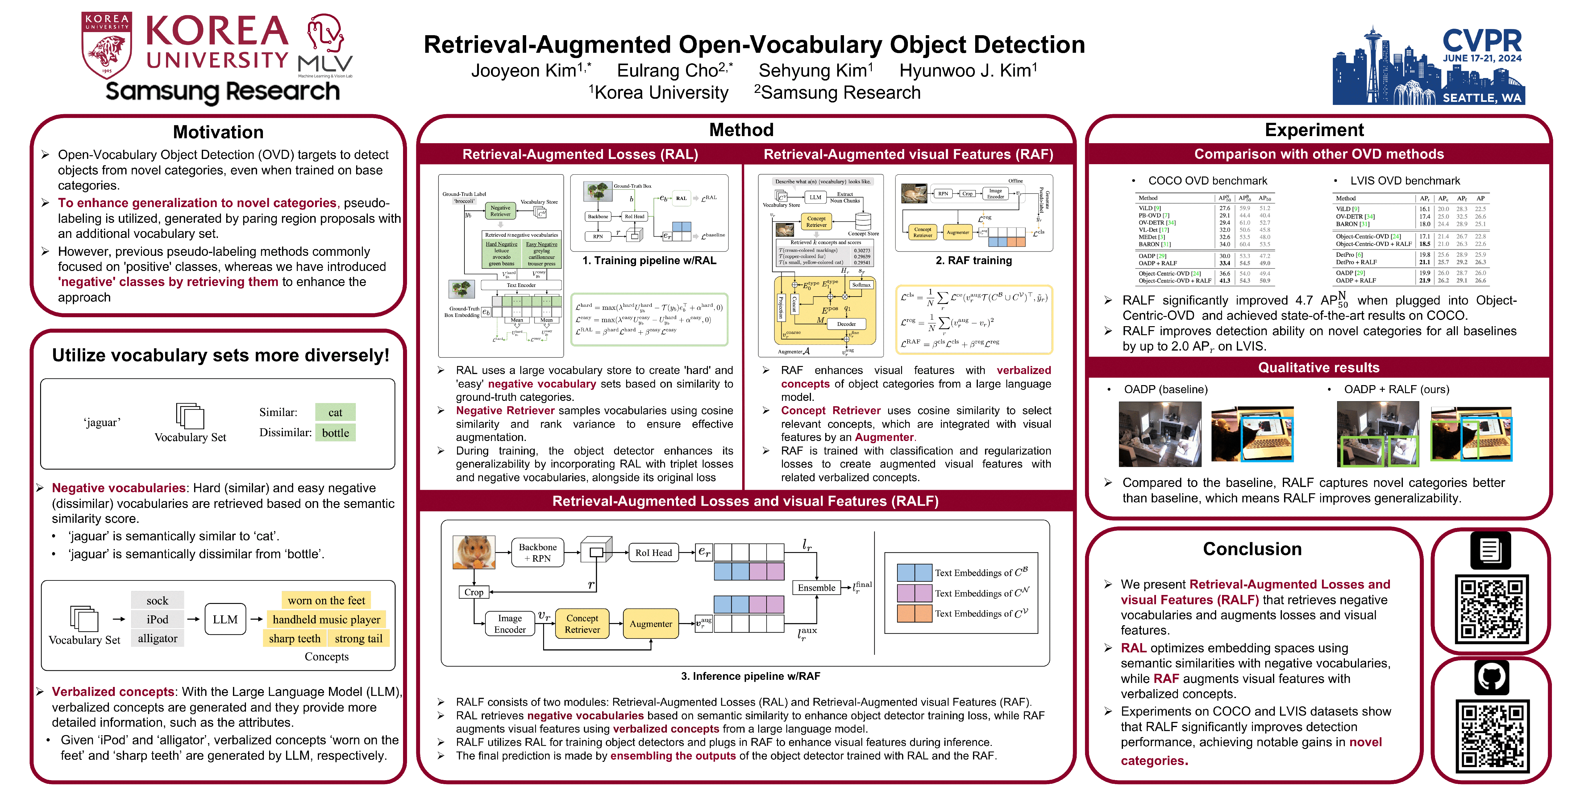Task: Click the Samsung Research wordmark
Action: click(x=222, y=91)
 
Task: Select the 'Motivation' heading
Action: click(x=218, y=132)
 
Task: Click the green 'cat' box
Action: click(x=335, y=412)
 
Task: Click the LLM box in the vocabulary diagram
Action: click(x=225, y=619)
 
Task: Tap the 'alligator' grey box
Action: click(x=158, y=638)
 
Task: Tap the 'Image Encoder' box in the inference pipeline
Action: click(x=510, y=624)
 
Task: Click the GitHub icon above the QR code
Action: click(x=1491, y=677)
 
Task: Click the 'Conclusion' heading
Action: click(x=1252, y=549)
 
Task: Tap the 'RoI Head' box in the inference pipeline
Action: click(x=653, y=553)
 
